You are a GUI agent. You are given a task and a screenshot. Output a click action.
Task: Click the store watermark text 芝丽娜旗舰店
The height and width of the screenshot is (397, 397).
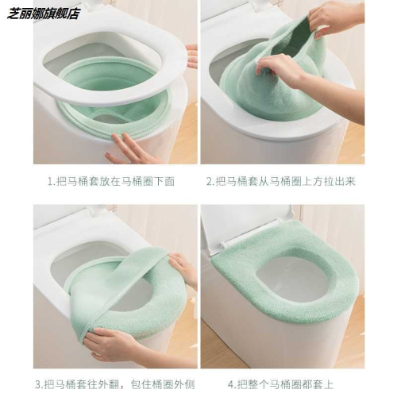click(43, 13)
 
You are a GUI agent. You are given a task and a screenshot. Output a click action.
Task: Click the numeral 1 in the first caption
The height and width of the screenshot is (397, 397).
click(50, 182)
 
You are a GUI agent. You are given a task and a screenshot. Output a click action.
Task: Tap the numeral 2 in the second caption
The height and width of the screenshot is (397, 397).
click(210, 182)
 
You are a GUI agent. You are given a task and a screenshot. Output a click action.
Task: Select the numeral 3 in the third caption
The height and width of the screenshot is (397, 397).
click(39, 384)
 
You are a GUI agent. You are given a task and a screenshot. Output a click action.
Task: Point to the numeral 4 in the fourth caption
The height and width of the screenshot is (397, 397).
click(231, 384)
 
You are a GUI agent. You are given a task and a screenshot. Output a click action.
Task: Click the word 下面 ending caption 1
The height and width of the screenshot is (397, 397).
click(164, 182)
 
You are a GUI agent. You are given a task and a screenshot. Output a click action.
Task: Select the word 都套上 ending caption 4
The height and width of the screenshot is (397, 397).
click(318, 384)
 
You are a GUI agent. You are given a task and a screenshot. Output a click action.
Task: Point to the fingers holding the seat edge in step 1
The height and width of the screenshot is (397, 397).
click(192, 56)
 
